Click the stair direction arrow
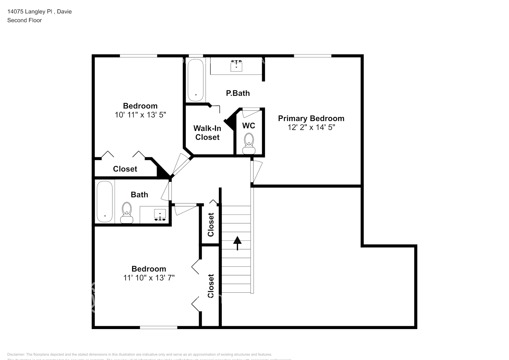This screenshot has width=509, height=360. click(237, 243)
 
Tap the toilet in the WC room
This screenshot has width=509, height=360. click(248, 144)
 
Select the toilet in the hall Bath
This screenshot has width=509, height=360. click(127, 213)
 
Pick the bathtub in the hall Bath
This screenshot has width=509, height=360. click(105, 202)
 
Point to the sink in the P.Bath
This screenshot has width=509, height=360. click(236, 66)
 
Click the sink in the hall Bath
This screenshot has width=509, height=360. click(160, 215)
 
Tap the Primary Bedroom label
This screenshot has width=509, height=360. click(311, 118)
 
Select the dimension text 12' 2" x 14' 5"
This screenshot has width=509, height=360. click(311, 127)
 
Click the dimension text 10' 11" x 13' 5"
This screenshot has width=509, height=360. click(140, 115)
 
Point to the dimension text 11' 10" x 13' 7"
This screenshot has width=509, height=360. click(149, 278)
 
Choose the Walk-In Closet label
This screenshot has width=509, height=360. click(207, 132)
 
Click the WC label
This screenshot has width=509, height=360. click(249, 126)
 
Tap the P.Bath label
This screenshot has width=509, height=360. click(238, 93)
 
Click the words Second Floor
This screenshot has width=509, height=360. click(24, 20)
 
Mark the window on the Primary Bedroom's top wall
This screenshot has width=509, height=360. click(312, 56)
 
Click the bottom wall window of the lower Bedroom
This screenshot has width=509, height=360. click(158, 327)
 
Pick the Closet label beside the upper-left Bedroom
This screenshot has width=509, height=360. click(125, 169)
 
